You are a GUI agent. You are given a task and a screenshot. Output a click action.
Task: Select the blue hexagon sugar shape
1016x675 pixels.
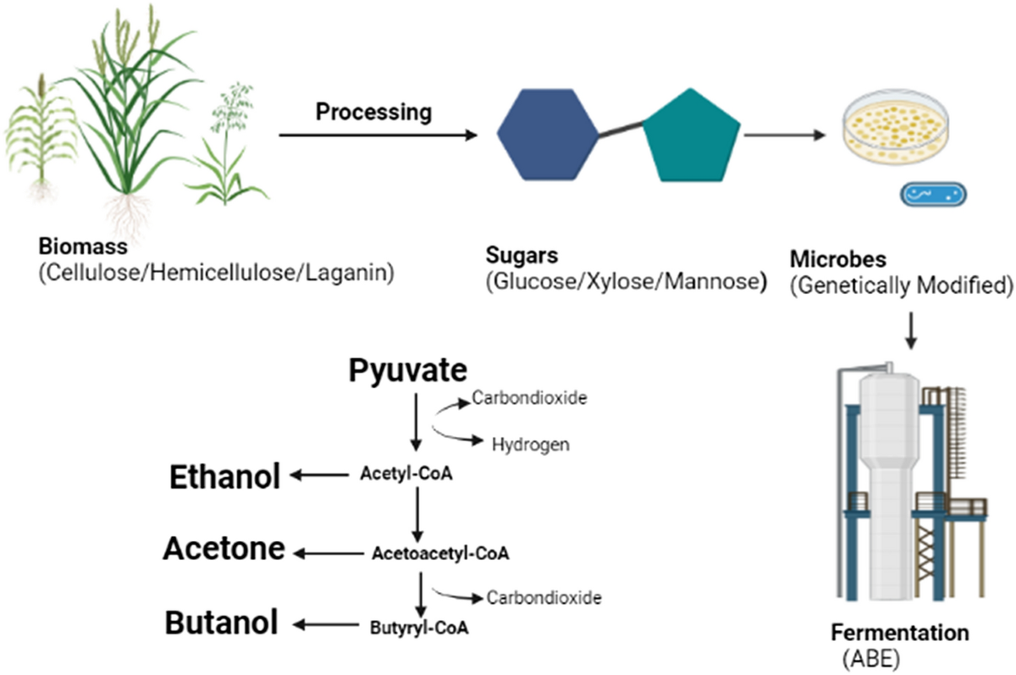coord(547,132)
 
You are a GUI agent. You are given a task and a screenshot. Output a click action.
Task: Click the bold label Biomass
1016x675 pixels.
coord(82,248)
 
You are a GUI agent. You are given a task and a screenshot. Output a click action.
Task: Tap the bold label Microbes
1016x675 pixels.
coord(832,258)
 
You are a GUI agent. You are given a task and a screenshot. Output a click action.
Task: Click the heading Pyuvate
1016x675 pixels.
coord(407,370)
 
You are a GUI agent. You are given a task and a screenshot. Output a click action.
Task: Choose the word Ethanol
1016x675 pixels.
coord(224,478)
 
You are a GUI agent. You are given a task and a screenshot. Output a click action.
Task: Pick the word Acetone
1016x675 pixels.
coord(224,551)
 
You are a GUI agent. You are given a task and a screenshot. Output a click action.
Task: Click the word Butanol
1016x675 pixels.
coord(221,624)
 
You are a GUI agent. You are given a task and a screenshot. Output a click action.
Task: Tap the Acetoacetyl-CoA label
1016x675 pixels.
coord(440,554)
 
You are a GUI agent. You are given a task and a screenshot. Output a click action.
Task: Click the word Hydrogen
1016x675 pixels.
coord(530,443)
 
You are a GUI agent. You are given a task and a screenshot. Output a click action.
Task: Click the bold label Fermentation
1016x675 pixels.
coord(898,634)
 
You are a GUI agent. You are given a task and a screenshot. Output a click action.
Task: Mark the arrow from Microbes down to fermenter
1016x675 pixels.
coord(911,330)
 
